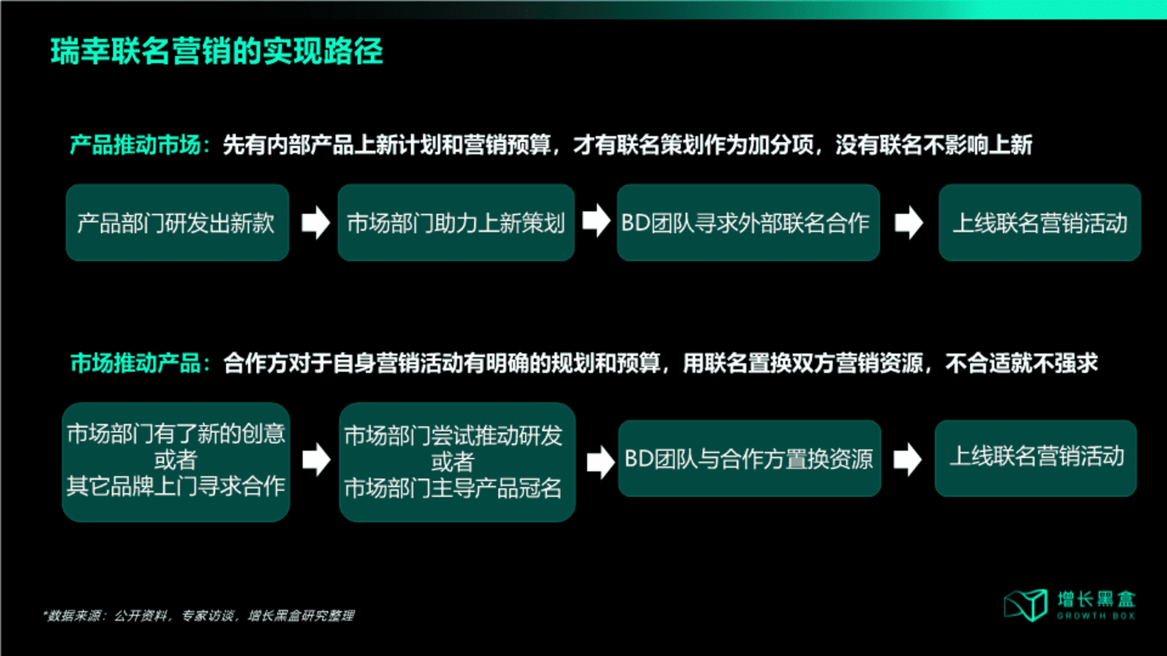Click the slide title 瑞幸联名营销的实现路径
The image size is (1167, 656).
[216, 51]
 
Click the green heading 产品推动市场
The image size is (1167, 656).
[136, 145]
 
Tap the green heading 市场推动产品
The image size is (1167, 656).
[136, 363]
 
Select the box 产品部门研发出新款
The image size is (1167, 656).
[177, 223]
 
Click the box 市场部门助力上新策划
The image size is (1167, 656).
[456, 223]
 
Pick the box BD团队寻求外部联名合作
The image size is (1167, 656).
[748, 223]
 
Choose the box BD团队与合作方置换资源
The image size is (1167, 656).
[749, 459]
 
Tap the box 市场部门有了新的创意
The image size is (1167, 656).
[176, 462]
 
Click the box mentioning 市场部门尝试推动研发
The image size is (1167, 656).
[457, 462]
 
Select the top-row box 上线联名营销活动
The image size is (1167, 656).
[1039, 223]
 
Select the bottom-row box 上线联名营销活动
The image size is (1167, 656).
[1036, 459]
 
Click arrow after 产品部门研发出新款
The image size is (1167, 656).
[315, 222]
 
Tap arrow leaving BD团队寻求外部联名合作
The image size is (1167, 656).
[909, 222]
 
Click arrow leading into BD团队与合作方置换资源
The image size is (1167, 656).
[601, 462]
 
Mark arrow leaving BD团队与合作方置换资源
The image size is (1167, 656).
[907, 459]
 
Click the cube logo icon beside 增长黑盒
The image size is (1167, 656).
[1026, 605]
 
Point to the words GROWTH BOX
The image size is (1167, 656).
[1096, 616]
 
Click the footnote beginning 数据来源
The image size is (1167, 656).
[199, 616]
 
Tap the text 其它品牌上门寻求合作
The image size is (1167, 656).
[176, 487]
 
